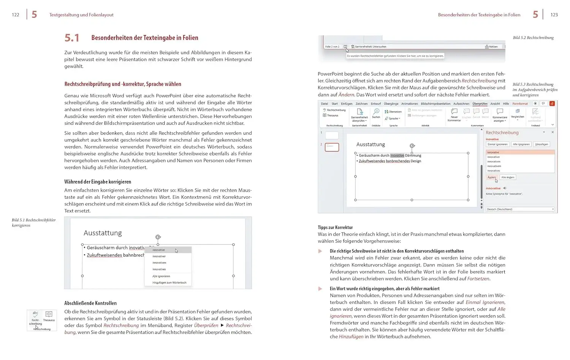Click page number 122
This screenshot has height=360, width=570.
coord(16,15)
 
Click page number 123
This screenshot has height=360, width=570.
coord(554,15)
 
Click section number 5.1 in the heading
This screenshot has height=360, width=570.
coord(72,38)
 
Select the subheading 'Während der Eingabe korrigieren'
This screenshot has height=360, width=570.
coord(98,182)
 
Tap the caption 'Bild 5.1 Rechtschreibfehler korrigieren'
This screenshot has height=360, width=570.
coord(33,222)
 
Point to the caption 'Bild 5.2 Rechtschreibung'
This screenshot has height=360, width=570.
coord(533,38)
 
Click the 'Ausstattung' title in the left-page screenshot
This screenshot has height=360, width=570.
coord(103,233)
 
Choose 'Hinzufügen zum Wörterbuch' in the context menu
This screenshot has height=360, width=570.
coord(169,282)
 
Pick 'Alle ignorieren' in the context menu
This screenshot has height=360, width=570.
coord(161,276)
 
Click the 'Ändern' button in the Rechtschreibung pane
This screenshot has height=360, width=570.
coord(492,177)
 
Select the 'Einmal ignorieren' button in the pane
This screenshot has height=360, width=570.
coord(497,144)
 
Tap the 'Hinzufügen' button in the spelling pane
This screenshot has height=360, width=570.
coord(541,144)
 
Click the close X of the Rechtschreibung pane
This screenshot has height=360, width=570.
coord(553,132)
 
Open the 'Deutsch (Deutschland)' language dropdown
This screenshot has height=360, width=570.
coord(519,209)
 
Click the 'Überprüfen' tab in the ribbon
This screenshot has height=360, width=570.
coord(480,104)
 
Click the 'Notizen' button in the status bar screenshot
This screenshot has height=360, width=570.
coord(491,47)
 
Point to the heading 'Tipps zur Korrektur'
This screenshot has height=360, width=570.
coord(335,227)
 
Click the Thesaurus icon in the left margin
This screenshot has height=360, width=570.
coord(49,316)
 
